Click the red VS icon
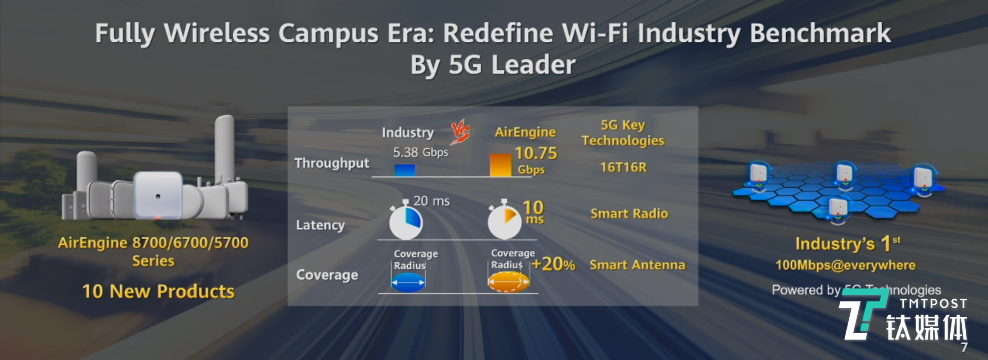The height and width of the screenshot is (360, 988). pos(460,133)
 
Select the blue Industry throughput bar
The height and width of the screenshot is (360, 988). pos(405,170)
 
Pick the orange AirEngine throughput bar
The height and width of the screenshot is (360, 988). pos(501,165)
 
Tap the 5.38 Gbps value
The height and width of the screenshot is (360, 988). pos(420,152)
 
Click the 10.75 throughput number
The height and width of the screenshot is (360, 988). pos(536,153)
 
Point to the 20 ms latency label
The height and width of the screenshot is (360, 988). pos(431,201)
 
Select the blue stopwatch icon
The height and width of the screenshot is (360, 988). pos(405,222)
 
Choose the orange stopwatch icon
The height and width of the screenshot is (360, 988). pos(504,222)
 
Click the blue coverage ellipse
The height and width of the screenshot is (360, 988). pos(408,282)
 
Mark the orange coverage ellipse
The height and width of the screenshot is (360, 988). pos(508,282)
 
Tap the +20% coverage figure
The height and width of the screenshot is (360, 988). pos(554,264)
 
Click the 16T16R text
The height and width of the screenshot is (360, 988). pos(623,167)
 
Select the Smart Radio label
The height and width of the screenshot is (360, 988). pos(629,214)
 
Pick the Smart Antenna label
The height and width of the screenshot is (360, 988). pos(637,265)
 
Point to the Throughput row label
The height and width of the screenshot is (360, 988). pos(332,163)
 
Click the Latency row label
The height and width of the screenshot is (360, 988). pos(320,225)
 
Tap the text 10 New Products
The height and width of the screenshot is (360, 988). pos(158,291)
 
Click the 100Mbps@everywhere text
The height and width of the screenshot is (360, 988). pos(846,265)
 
